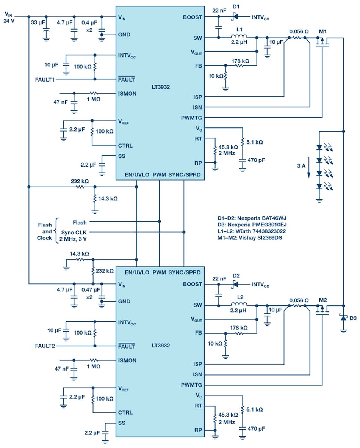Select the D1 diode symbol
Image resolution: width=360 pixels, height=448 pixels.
[x=235, y=17]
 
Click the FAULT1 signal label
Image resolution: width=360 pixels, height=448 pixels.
[x=45, y=79]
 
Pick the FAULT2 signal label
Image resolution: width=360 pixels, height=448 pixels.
[x=45, y=346]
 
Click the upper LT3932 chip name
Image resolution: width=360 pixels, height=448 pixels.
[x=162, y=87]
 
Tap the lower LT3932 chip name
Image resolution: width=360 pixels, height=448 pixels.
[x=162, y=346]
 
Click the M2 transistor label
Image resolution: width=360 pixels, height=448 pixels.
[x=322, y=300]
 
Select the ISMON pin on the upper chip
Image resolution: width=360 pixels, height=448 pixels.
[x=127, y=93]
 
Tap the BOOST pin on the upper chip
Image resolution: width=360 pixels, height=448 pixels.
[x=193, y=17]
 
